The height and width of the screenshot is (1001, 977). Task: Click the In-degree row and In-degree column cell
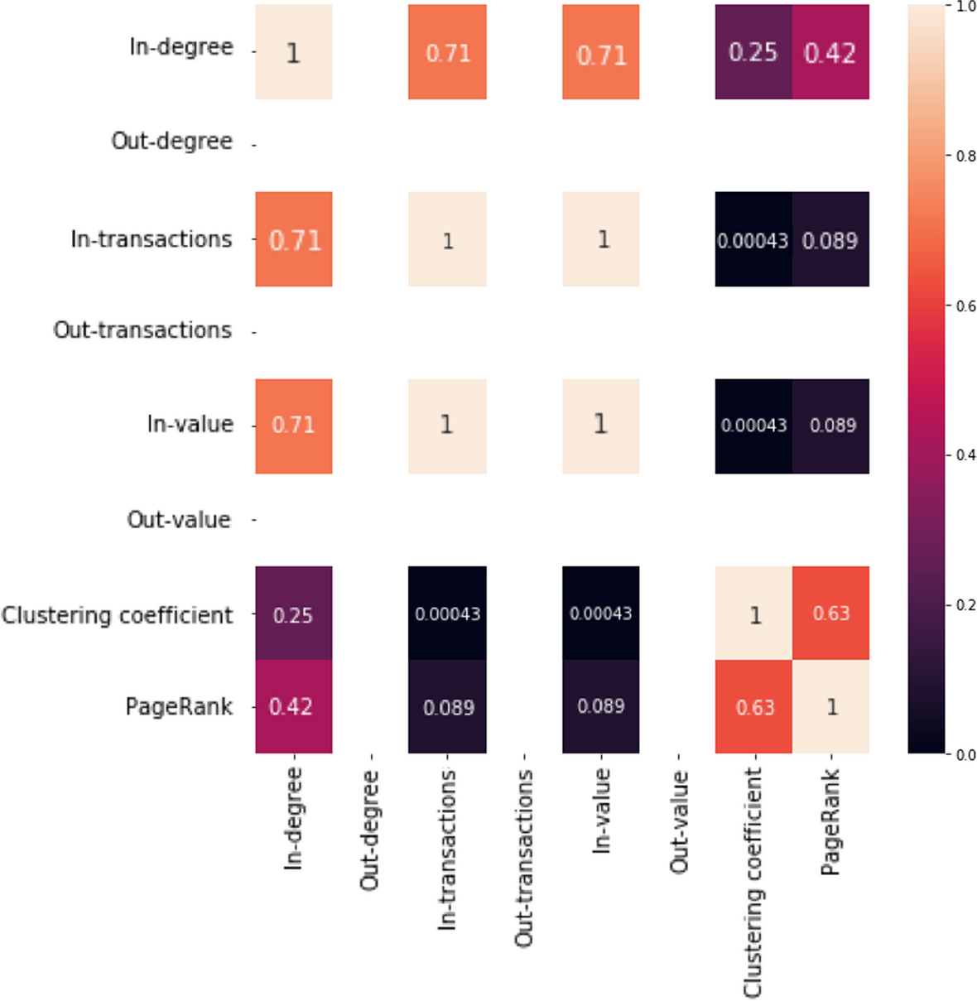tap(293, 52)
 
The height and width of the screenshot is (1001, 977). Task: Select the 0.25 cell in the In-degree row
tap(753, 52)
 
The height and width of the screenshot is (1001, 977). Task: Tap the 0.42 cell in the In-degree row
tap(830, 52)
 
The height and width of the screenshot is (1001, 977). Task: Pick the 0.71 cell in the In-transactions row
tap(293, 239)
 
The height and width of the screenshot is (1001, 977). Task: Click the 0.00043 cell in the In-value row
tap(753, 426)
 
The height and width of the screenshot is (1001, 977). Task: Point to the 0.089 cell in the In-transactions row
tap(830, 239)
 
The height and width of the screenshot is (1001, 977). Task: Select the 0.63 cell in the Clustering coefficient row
tap(830, 613)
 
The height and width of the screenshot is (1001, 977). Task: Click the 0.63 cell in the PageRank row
tap(753, 706)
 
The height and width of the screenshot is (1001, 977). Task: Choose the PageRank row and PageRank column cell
tap(830, 706)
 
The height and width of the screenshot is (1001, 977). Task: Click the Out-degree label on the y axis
tap(171, 142)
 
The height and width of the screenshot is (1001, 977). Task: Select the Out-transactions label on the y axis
tap(142, 330)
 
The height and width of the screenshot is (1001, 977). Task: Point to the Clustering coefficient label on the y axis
tap(117, 616)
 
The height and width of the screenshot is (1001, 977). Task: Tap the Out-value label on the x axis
tap(679, 821)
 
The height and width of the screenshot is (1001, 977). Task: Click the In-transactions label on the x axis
tap(447, 849)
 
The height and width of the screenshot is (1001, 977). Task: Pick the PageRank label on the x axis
tap(830, 821)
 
